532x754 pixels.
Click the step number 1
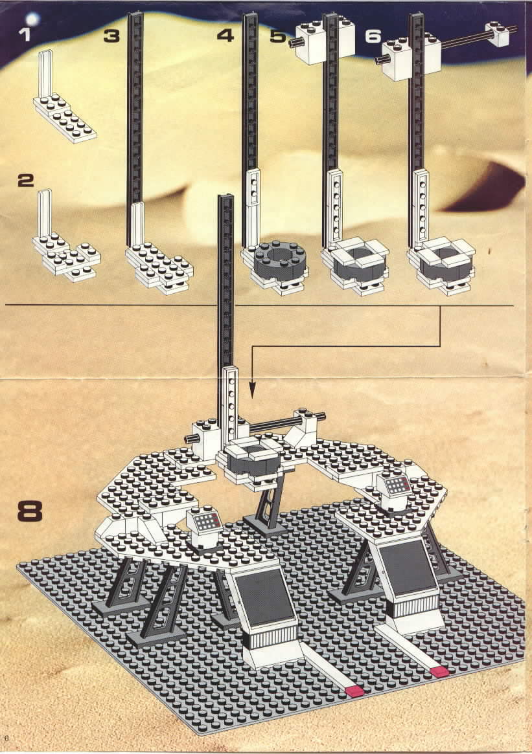pyautogui.click(x=24, y=34)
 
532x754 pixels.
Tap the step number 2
pyautogui.click(x=25, y=181)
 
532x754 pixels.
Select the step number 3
pyautogui.click(x=111, y=36)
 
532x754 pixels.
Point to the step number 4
pyautogui.click(x=226, y=36)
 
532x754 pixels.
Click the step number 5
pyautogui.click(x=278, y=36)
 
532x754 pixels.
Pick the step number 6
pyautogui.click(x=374, y=36)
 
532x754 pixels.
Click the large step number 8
pyautogui.click(x=30, y=511)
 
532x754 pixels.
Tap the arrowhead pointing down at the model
pyautogui.click(x=251, y=391)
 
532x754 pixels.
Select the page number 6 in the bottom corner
pyautogui.click(x=6, y=737)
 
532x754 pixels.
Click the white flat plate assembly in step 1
pyautogui.click(x=65, y=113)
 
